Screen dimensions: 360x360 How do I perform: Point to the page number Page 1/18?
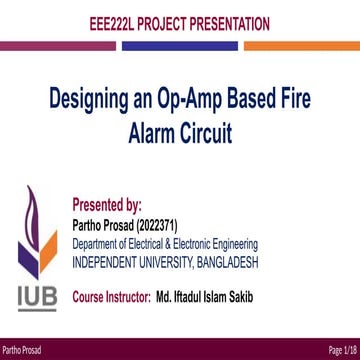click(340, 349)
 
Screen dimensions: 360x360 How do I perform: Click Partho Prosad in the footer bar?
click(21, 349)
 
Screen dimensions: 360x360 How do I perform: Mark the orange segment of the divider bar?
click(301, 45)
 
